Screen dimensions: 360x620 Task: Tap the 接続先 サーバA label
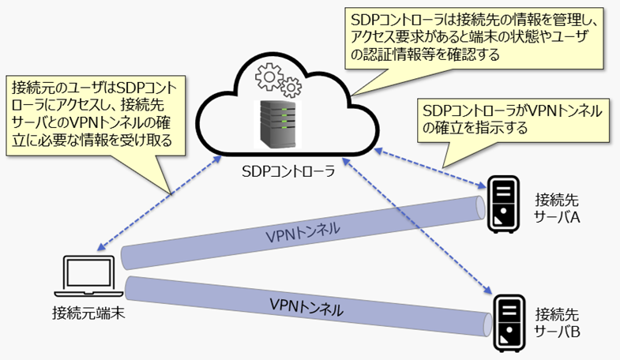coord(558,207)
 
